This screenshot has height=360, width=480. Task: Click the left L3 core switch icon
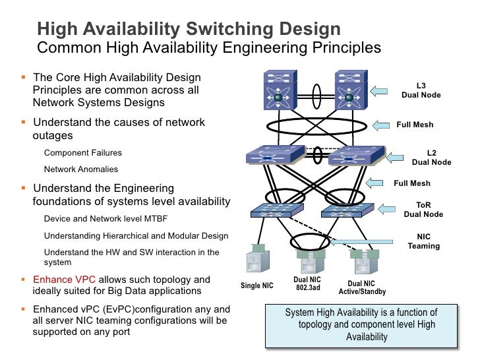280,90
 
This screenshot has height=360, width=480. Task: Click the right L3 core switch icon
351,90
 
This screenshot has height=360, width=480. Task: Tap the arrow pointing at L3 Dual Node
378,91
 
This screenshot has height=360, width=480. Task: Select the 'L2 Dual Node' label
431,158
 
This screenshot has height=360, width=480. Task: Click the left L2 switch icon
276,154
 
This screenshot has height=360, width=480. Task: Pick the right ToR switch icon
347,210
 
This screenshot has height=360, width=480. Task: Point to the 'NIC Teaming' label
424,241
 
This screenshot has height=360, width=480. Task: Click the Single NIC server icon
258,258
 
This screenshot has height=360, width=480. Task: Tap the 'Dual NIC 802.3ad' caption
307,284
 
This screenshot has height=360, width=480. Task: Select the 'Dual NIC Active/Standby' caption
362,287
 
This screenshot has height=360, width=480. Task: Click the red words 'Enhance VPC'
65,280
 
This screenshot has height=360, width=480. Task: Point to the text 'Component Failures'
83,153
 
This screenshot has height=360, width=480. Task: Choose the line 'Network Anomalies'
81,169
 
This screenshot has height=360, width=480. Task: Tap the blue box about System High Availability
361,326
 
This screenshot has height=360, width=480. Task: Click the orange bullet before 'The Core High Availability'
23,77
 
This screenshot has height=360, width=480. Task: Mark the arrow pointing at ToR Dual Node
386,209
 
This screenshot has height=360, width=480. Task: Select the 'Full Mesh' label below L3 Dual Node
415,125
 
